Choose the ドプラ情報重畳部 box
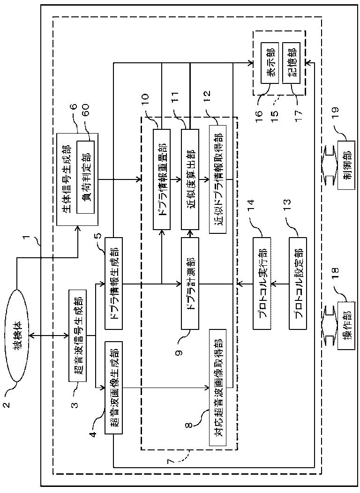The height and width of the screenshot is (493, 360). click(x=162, y=179)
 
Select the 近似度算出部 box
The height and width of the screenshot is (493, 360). click(x=190, y=179)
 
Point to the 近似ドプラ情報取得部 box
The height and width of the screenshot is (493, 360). click(x=217, y=179)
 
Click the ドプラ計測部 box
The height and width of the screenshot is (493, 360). click(x=190, y=283)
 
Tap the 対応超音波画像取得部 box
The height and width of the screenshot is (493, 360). click(x=217, y=388)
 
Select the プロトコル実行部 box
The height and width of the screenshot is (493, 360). click(x=262, y=283)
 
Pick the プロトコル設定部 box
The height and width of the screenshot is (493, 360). click(x=298, y=283)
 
